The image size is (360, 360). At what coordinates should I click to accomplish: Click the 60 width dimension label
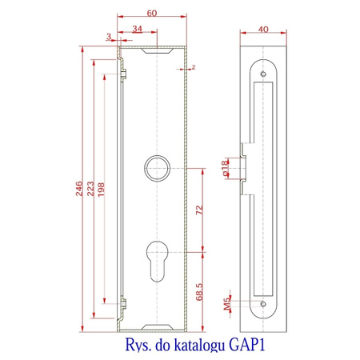[x=152, y=13]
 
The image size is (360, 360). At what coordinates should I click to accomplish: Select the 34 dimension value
[x=138, y=29]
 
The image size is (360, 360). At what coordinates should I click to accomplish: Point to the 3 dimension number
[x=109, y=36]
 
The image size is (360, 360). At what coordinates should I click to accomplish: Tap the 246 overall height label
[x=79, y=189]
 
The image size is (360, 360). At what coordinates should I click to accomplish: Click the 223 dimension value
[x=90, y=189]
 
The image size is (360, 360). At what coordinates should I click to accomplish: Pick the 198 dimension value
[x=101, y=190]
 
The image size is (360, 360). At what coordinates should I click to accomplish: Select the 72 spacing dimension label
[x=199, y=210]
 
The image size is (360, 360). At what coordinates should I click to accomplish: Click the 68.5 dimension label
[x=199, y=292]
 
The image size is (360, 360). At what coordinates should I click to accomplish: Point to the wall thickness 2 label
[x=194, y=67]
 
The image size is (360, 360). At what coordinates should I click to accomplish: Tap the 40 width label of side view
[x=263, y=30]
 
